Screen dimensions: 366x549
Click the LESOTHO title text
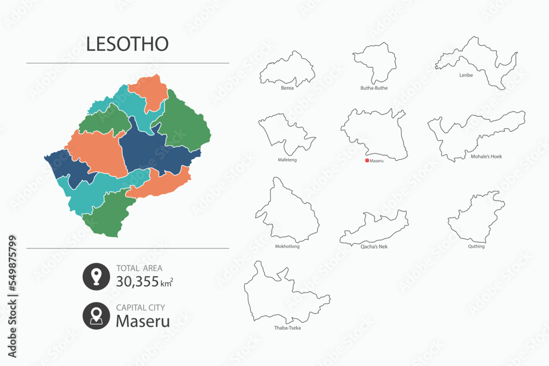coord(127,44)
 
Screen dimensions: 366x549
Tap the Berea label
coord(287,88)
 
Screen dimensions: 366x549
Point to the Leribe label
coord(466,75)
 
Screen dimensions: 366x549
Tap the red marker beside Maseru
coord(367,161)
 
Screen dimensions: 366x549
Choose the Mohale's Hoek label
coord(486,156)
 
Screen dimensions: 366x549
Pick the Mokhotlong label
coord(287,246)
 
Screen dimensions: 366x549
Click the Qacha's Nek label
coord(374,246)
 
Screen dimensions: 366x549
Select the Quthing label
coord(477,246)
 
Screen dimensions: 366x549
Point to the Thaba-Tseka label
coord(287,328)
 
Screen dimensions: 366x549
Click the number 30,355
coord(137,282)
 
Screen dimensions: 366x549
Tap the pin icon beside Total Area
coord(96,277)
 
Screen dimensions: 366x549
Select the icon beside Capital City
coord(96,316)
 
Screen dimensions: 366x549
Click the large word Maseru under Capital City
coord(143,321)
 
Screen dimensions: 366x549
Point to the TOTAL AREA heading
coord(139,268)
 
